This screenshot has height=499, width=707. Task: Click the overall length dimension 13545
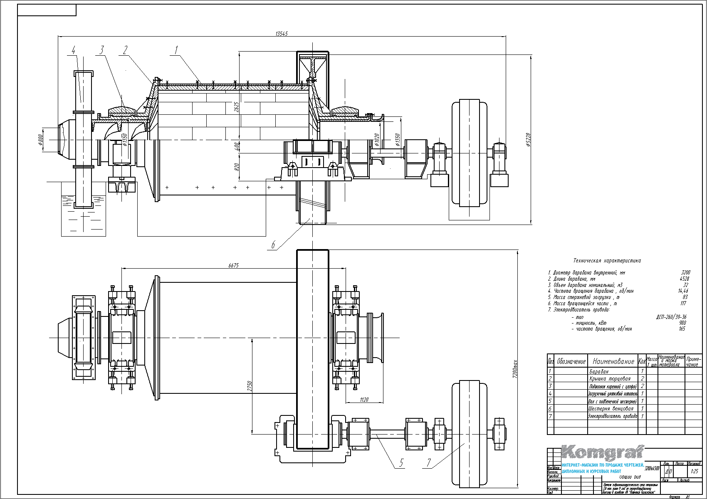282,34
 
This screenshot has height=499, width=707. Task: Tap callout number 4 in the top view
74,51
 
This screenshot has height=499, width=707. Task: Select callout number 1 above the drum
176,50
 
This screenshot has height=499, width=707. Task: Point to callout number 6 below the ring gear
273,245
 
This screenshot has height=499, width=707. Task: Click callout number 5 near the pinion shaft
401,463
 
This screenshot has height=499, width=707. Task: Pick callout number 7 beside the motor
429,463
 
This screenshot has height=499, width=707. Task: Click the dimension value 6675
233,265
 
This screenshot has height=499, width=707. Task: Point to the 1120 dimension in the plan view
364,400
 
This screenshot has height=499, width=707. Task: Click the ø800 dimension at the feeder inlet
41,140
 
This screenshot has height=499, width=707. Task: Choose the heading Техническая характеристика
607,261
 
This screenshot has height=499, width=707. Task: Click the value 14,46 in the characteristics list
683,291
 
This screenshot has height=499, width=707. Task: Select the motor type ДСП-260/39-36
671,316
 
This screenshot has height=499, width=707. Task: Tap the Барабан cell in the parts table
599,371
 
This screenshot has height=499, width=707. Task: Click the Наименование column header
613,361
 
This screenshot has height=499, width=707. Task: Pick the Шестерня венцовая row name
611,409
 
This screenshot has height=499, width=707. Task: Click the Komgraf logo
603,452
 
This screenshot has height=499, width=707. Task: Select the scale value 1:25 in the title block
694,472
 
